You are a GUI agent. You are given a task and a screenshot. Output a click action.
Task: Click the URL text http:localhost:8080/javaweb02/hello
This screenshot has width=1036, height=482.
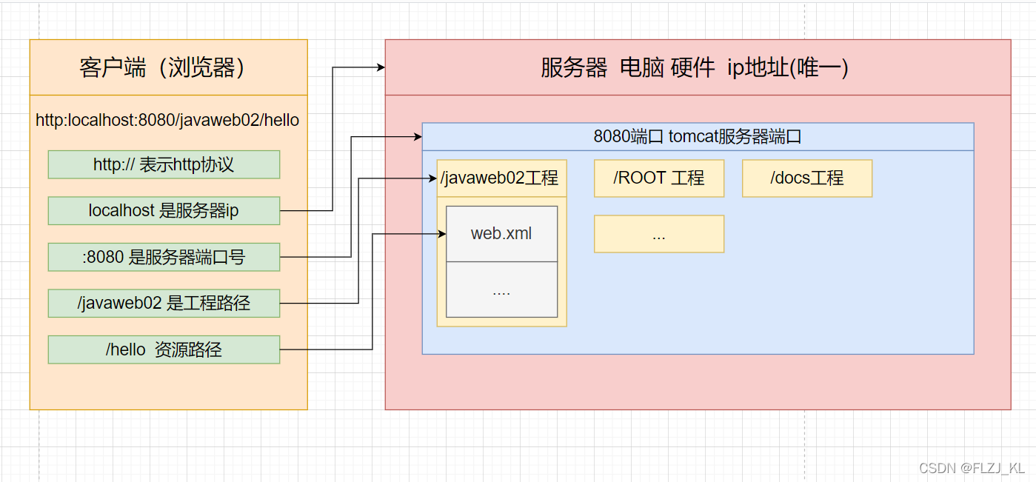point(167,120)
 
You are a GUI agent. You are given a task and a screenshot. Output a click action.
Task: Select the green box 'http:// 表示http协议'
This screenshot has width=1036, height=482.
point(164,164)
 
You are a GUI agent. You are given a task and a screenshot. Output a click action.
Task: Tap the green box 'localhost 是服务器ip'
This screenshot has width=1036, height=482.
point(164,210)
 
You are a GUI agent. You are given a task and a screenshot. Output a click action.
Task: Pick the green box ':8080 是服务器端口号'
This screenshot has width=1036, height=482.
point(164,257)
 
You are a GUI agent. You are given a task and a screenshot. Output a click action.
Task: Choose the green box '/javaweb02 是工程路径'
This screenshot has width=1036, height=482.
point(164,303)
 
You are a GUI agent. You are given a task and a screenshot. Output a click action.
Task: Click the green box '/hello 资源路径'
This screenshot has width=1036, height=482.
point(164,349)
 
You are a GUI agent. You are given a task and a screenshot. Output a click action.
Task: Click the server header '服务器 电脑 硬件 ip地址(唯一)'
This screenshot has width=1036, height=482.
point(697,68)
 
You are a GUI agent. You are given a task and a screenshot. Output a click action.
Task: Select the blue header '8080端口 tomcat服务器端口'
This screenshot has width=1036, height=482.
point(697,137)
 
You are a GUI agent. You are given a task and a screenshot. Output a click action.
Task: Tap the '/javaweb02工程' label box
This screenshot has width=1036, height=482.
point(501,178)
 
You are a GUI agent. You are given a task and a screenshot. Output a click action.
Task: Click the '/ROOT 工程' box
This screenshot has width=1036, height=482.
point(658,178)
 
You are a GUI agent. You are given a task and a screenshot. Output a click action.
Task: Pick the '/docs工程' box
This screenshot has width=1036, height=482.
point(806,178)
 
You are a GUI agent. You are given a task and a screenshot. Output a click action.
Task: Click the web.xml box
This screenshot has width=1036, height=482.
point(501,234)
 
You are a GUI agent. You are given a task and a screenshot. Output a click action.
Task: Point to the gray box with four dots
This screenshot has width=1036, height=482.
point(501,289)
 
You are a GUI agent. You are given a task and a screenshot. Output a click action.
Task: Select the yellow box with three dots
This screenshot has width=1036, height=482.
point(658,234)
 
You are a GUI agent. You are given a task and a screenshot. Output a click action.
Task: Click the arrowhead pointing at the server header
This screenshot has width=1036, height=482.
point(381,67)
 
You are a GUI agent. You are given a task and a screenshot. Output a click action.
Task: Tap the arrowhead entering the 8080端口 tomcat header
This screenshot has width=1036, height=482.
point(418,137)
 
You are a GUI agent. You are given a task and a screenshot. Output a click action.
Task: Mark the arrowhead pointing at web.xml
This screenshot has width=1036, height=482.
point(442,234)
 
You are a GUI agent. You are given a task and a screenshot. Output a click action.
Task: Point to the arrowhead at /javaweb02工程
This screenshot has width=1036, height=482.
point(432,178)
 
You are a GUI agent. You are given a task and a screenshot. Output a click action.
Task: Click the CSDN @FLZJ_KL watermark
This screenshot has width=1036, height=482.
point(972,468)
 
